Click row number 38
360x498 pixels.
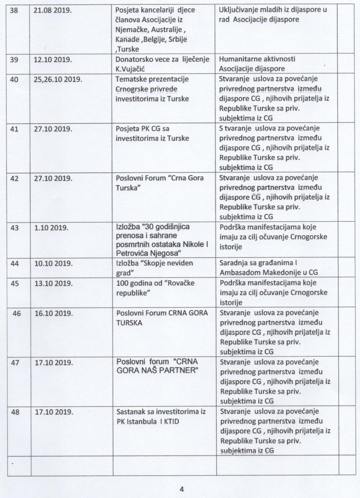14,10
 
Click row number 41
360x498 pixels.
14,129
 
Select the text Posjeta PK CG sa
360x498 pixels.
142,129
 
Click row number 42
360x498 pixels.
14,178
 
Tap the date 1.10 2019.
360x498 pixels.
51,228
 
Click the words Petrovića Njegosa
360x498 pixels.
148,253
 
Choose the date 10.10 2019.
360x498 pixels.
53,263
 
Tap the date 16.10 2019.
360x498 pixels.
54,313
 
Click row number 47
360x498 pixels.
15,363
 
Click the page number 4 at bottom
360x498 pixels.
181,489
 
